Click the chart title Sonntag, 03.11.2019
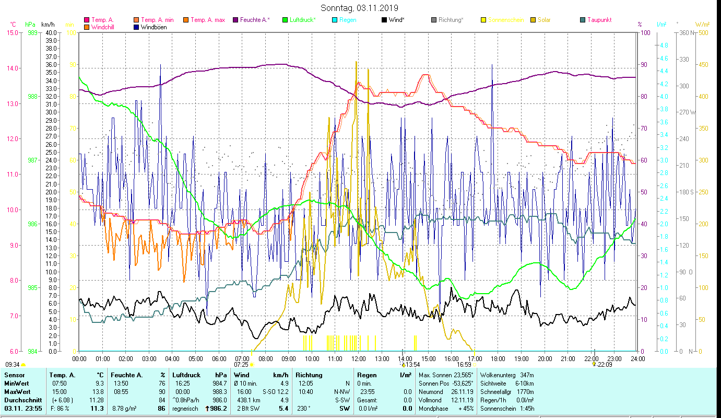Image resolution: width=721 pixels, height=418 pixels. point(359,8)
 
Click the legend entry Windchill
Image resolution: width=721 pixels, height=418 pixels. point(104,27)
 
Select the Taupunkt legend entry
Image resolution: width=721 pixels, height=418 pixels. point(599,20)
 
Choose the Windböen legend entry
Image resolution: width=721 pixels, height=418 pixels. point(154,27)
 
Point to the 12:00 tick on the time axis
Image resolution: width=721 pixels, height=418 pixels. point(359,358)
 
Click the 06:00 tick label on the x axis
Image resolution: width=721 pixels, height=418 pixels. point(219,358)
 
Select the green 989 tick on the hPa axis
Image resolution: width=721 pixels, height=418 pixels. point(32,32)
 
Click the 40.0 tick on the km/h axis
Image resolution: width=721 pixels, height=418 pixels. point(51,32)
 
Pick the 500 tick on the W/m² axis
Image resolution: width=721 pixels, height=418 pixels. point(703,32)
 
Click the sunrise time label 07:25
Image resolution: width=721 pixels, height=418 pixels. point(241,365)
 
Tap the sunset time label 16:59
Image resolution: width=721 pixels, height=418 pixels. point(464,365)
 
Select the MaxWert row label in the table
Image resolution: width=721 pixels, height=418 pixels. point(17,391)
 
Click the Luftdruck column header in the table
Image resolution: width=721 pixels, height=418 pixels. point(187,375)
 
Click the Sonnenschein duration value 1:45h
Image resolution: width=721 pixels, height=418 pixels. point(524,408)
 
